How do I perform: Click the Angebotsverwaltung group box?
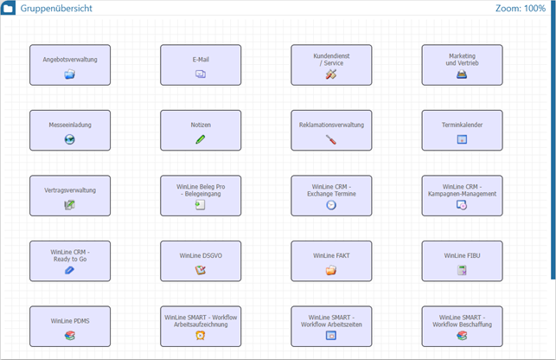coord(70,65)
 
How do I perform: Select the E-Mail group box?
coord(201,65)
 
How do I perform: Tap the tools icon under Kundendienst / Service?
coord(330,75)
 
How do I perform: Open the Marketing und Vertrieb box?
coord(462,65)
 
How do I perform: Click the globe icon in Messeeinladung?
coord(70,139)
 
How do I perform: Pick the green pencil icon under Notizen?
coord(201,139)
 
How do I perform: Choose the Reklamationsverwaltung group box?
coord(331,130)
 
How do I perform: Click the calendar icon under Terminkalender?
coord(462,139)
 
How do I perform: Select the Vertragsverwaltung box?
coord(70,195)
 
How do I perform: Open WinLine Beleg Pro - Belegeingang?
coord(201,195)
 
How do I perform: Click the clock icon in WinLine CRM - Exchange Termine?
coord(331,205)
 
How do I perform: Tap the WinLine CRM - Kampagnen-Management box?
coord(462,195)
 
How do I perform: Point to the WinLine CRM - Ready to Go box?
coord(70,260)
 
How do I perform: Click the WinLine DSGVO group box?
coord(201,260)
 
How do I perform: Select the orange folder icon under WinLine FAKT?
coord(331,270)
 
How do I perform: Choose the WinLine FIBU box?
coord(462,260)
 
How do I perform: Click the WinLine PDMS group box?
coord(70,325)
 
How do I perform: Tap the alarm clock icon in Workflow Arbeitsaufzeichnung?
coord(201,336)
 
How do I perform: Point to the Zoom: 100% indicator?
coord(520,9)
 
